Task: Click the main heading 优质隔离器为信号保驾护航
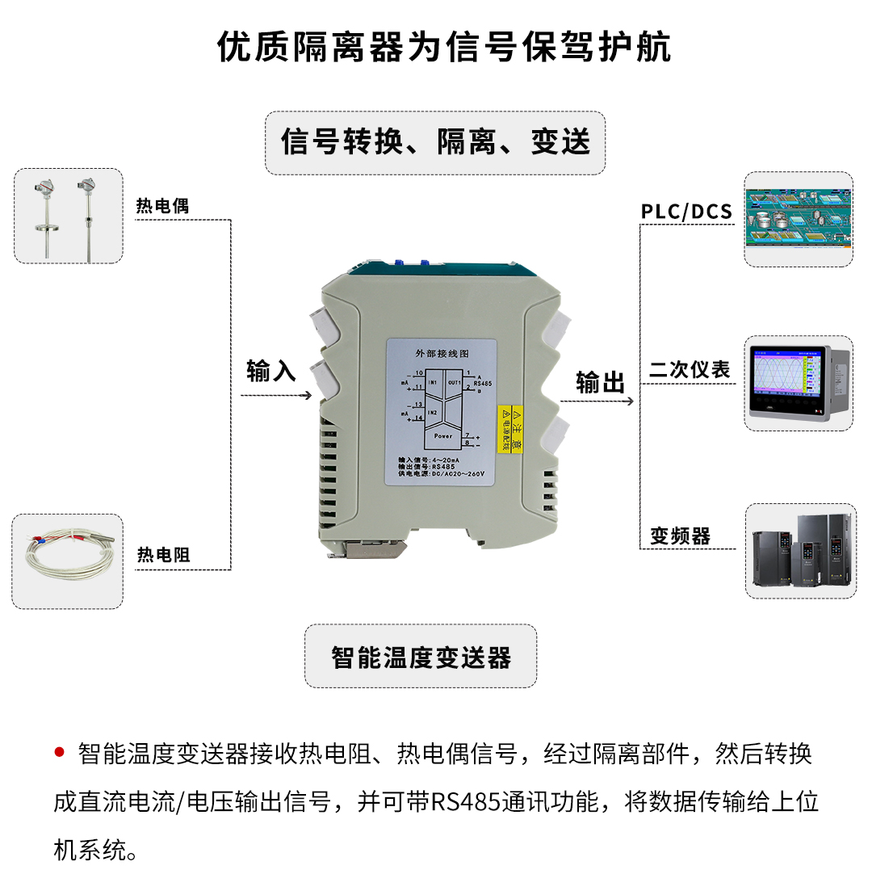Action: [x=444, y=47]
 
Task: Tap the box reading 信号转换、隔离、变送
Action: [x=435, y=142]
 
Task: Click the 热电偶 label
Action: [x=162, y=206]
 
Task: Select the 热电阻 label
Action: [x=163, y=555]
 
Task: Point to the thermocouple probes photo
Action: [x=69, y=216]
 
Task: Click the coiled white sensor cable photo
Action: [x=68, y=562]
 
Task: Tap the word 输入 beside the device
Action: [x=271, y=372]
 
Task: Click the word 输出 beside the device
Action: [x=601, y=383]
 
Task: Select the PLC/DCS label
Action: [x=686, y=212]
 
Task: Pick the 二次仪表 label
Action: [x=690, y=370]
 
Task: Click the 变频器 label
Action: [x=680, y=536]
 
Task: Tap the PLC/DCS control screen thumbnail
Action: [x=798, y=219]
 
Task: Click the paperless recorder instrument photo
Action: [x=798, y=384]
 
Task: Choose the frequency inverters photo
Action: [x=798, y=551]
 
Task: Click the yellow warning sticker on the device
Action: [x=512, y=429]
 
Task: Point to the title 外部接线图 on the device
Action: [x=441, y=354]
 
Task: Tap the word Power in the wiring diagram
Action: [x=442, y=435]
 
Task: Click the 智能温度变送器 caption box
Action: [x=421, y=657]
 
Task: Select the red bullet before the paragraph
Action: [x=59, y=753]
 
